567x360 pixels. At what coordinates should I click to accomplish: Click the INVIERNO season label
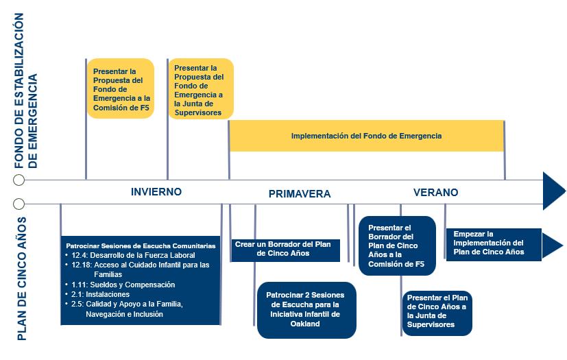click(156, 192)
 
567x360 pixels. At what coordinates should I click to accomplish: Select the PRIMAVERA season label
click(300, 194)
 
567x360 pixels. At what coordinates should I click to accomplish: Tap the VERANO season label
click(435, 193)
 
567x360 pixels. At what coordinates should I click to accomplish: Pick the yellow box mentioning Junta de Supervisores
click(201, 90)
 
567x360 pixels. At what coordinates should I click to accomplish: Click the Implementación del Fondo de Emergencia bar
click(366, 136)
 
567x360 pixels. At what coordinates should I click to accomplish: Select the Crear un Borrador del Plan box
click(285, 249)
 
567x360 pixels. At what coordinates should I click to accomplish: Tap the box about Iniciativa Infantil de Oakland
click(306, 310)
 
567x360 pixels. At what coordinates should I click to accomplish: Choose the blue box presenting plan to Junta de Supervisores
click(437, 313)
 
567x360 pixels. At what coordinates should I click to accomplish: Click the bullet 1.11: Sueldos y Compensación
click(123, 285)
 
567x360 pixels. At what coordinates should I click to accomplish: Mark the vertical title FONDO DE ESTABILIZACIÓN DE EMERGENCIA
click(29, 91)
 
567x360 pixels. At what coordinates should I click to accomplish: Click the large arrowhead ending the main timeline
click(553, 191)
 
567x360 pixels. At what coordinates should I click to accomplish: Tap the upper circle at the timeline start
click(19, 180)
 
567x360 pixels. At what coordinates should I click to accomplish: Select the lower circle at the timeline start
click(19, 204)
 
